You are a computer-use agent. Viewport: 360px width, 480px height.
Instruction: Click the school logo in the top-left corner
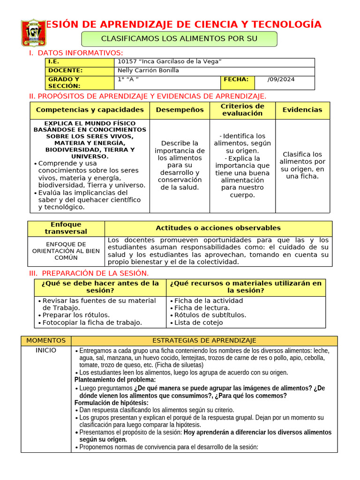pyautogui.click(x=34, y=33)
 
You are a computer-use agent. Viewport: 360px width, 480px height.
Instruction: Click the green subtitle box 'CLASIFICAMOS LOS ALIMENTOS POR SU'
pyautogui.click(x=180, y=38)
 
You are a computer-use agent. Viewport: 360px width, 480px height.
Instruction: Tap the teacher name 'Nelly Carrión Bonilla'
pyautogui.click(x=148, y=70)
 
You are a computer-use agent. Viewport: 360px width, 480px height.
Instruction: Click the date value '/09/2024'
pyautogui.click(x=281, y=79)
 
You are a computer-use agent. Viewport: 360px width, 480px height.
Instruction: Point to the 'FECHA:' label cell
pyautogui.click(x=236, y=79)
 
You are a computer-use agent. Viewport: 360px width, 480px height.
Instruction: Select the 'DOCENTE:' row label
pyautogui.click(x=65, y=70)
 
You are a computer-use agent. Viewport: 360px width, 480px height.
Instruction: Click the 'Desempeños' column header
pyautogui.click(x=180, y=110)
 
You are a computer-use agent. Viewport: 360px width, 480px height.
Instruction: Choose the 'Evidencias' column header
pyautogui.click(x=302, y=110)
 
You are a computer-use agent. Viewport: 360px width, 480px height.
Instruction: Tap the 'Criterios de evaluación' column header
pyautogui.click(x=242, y=110)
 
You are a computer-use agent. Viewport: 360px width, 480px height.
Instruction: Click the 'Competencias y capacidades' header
pyautogui.click(x=90, y=110)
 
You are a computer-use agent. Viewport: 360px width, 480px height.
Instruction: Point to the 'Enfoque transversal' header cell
pyautogui.click(x=66, y=228)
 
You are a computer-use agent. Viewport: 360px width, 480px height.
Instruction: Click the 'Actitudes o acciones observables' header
pyautogui.click(x=218, y=228)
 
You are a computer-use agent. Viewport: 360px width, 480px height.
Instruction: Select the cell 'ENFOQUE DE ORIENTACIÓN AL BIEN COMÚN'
pyautogui.click(x=66, y=251)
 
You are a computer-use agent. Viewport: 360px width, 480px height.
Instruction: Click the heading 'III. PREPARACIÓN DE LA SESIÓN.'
pyautogui.click(x=89, y=273)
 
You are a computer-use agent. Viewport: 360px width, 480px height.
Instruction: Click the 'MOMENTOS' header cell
pyautogui.click(x=46, y=340)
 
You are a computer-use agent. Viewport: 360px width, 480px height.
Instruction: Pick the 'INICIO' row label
pyautogui.click(x=46, y=351)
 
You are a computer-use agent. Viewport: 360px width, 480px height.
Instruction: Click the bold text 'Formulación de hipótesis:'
pyautogui.click(x=111, y=403)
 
